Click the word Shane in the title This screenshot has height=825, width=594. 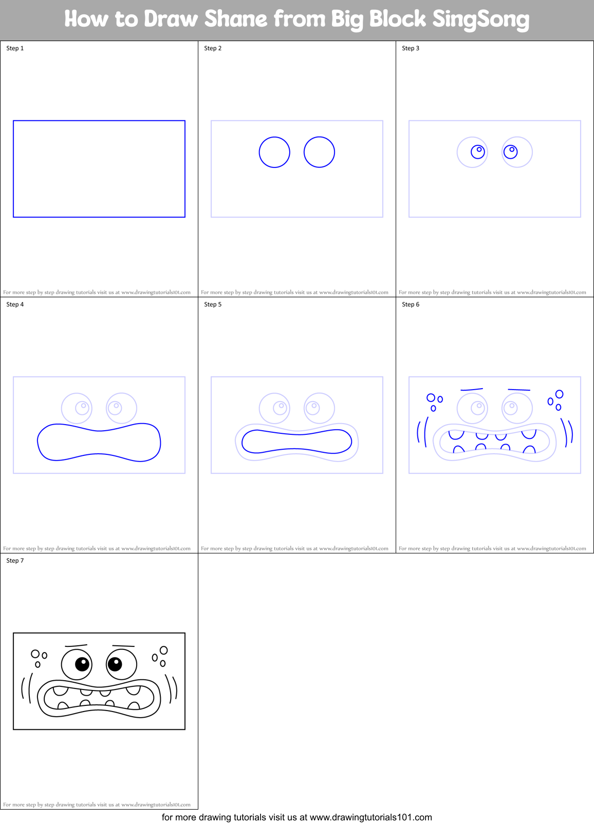[x=236, y=19]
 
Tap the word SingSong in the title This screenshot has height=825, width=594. [x=480, y=20]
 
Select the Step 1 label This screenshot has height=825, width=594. [x=15, y=48]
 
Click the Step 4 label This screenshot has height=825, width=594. [x=15, y=304]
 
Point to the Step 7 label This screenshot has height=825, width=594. [x=15, y=561]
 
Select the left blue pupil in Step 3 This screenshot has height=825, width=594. [x=478, y=151]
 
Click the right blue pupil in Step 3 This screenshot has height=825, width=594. [x=510, y=151]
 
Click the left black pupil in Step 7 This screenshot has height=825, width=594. [x=82, y=664]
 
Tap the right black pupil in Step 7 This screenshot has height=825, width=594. [x=115, y=664]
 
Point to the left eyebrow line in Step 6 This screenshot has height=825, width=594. [x=472, y=390]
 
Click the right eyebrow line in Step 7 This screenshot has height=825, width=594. [x=123, y=646]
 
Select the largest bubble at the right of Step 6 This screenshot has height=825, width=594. [x=559, y=394]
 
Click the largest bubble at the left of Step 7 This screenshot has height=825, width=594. [x=35, y=654]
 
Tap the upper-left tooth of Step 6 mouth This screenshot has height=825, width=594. [x=456, y=434]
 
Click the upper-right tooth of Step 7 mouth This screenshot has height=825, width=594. [x=133, y=690]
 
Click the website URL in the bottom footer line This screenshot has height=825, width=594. [x=370, y=817]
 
